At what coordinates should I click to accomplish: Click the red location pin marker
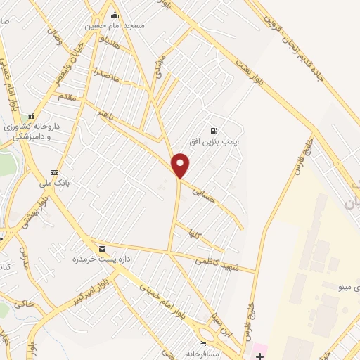(x=181, y=165)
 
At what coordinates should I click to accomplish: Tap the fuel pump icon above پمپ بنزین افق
(x=214, y=131)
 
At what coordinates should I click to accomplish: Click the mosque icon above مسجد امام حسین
(x=115, y=15)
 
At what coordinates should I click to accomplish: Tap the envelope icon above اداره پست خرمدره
(x=103, y=249)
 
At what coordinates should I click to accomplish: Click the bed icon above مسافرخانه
(x=203, y=343)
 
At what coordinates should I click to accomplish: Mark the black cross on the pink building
(x=258, y=347)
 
